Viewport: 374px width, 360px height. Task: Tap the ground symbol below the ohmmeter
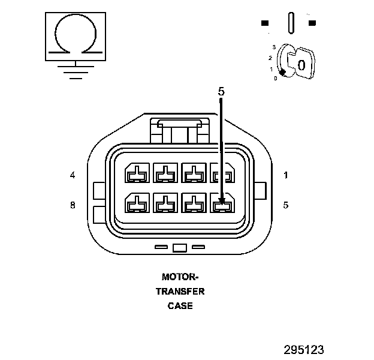click(x=74, y=71)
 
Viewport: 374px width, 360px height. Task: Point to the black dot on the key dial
click(x=282, y=71)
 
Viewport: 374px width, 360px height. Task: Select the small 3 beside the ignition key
click(x=273, y=47)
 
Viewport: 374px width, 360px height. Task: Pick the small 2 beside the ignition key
click(x=270, y=58)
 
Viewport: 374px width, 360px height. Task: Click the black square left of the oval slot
click(x=264, y=23)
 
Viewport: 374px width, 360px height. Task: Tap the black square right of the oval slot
click(x=312, y=23)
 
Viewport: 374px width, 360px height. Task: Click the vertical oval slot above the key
click(x=291, y=22)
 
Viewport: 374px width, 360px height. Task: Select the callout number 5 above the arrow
click(x=221, y=92)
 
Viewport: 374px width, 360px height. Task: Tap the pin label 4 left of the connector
click(x=73, y=175)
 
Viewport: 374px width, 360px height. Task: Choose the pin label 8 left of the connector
click(x=73, y=205)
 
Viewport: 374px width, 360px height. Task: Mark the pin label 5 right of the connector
click(x=286, y=205)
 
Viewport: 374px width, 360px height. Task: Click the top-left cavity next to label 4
click(x=136, y=175)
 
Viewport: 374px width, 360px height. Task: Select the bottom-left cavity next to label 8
click(x=136, y=205)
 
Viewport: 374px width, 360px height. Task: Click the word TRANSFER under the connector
click(x=180, y=292)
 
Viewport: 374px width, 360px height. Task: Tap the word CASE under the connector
click(x=180, y=306)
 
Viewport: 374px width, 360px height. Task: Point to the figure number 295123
click(x=304, y=349)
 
